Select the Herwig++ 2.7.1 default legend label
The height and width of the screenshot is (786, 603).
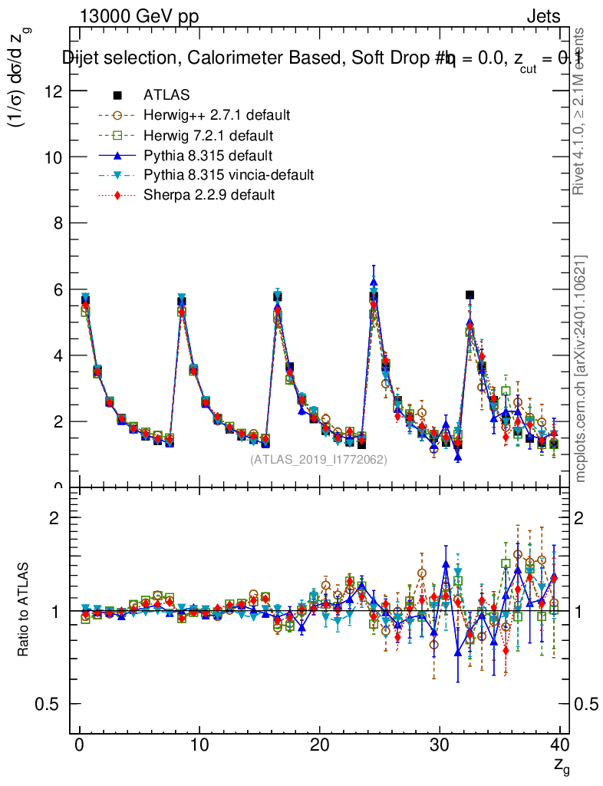[x=216, y=115]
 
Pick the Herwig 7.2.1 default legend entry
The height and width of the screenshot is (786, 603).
[x=209, y=135]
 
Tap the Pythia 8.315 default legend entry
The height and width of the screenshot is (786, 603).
[x=208, y=155]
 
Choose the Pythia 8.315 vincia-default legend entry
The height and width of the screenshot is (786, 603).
[x=228, y=175]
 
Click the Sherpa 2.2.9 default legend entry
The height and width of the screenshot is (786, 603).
[x=209, y=195]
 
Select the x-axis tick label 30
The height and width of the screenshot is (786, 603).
[x=440, y=745]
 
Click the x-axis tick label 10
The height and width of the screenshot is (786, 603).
[x=199, y=745]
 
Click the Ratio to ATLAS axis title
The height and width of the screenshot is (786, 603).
[x=25, y=610]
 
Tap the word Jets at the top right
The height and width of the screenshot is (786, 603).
[x=542, y=17]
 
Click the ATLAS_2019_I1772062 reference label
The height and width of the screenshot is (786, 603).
[x=318, y=460]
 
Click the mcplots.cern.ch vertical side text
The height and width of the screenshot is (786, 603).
[x=581, y=368]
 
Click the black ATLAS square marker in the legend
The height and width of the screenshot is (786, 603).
[x=118, y=95]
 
